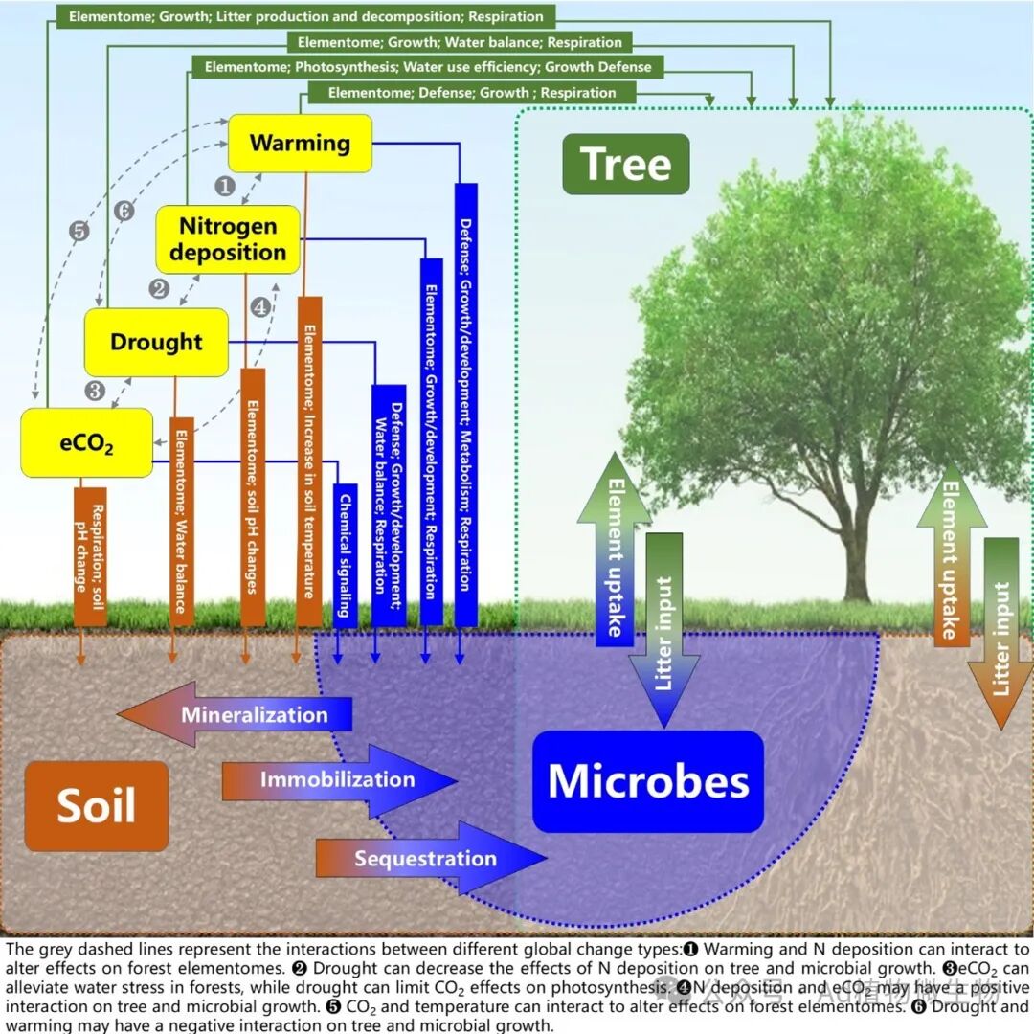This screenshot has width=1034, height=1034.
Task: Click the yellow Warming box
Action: click(300, 144)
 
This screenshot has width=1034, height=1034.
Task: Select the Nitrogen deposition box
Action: click(228, 239)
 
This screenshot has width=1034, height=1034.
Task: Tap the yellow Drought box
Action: click(156, 342)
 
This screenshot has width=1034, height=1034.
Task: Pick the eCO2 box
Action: click(86, 443)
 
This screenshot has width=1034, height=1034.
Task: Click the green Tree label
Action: click(625, 164)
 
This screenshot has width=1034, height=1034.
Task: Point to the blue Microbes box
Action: click(648, 781)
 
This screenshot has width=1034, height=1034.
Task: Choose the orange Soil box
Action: click(96, 805)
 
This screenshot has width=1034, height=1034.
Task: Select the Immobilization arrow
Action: click(337, 779)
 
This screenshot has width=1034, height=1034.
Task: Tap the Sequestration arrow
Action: click(427, 858)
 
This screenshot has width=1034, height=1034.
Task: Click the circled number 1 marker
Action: click(224, 184)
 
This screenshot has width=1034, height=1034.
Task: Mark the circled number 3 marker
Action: click(95, 390)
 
